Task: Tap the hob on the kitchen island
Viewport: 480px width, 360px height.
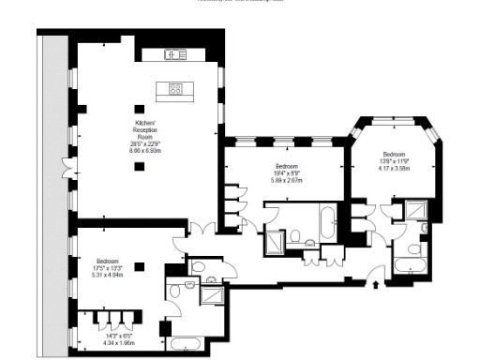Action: click(x=174, y=89)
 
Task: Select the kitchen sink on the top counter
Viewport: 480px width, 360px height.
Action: click(x=175, y=54)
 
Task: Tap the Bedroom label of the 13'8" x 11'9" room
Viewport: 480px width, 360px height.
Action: click(x=393, y=154)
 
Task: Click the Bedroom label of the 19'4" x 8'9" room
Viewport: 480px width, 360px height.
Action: click(x=285, y=166)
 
